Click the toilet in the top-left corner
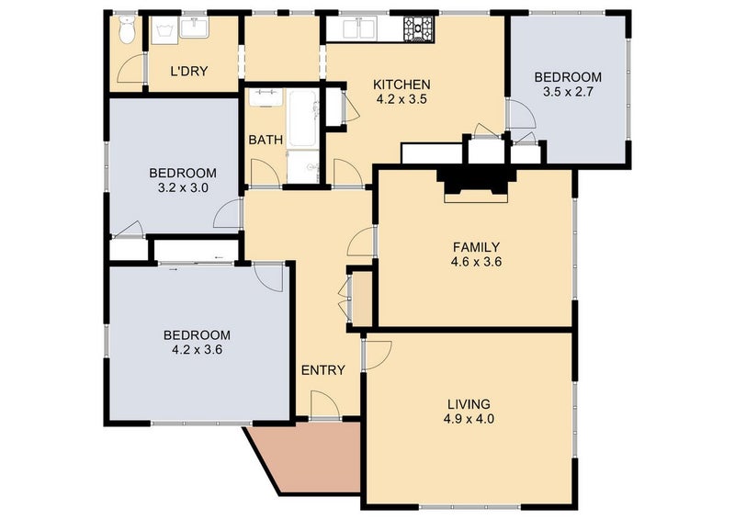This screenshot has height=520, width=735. pyautogui.click(x=127, y=29)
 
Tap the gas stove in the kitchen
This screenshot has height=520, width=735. pyautogui.click(x=418, y=28)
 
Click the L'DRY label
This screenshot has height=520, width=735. pyautogui.click(x=189, y=72)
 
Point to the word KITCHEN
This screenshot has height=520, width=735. pyautogui.click(x=401, y=85)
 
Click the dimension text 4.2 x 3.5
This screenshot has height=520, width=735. pyautogui.click(x=401, y=99)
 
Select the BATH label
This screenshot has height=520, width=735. pyautogui.click(x=266, y=140)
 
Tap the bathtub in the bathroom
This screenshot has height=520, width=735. pyautogui.click(x=302, y=119)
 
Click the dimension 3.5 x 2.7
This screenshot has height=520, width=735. pyautogui.click(x=568, y=92)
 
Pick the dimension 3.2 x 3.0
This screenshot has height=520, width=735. pyautogui.click(x=183, y=187)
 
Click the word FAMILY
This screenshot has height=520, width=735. pyautogui.click(x=476, y=246)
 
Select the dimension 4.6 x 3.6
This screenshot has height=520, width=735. pyautogui.click(x=476, y=262)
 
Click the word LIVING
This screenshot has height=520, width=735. pyautogui.click(x=469, y=403)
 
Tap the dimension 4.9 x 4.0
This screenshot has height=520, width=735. pyautogui.click(x=469, y=418)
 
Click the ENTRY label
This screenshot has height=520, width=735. pyautogui.click(x=323, y=370)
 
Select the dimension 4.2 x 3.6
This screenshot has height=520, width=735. pyautogui.click(x=197, y=349)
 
